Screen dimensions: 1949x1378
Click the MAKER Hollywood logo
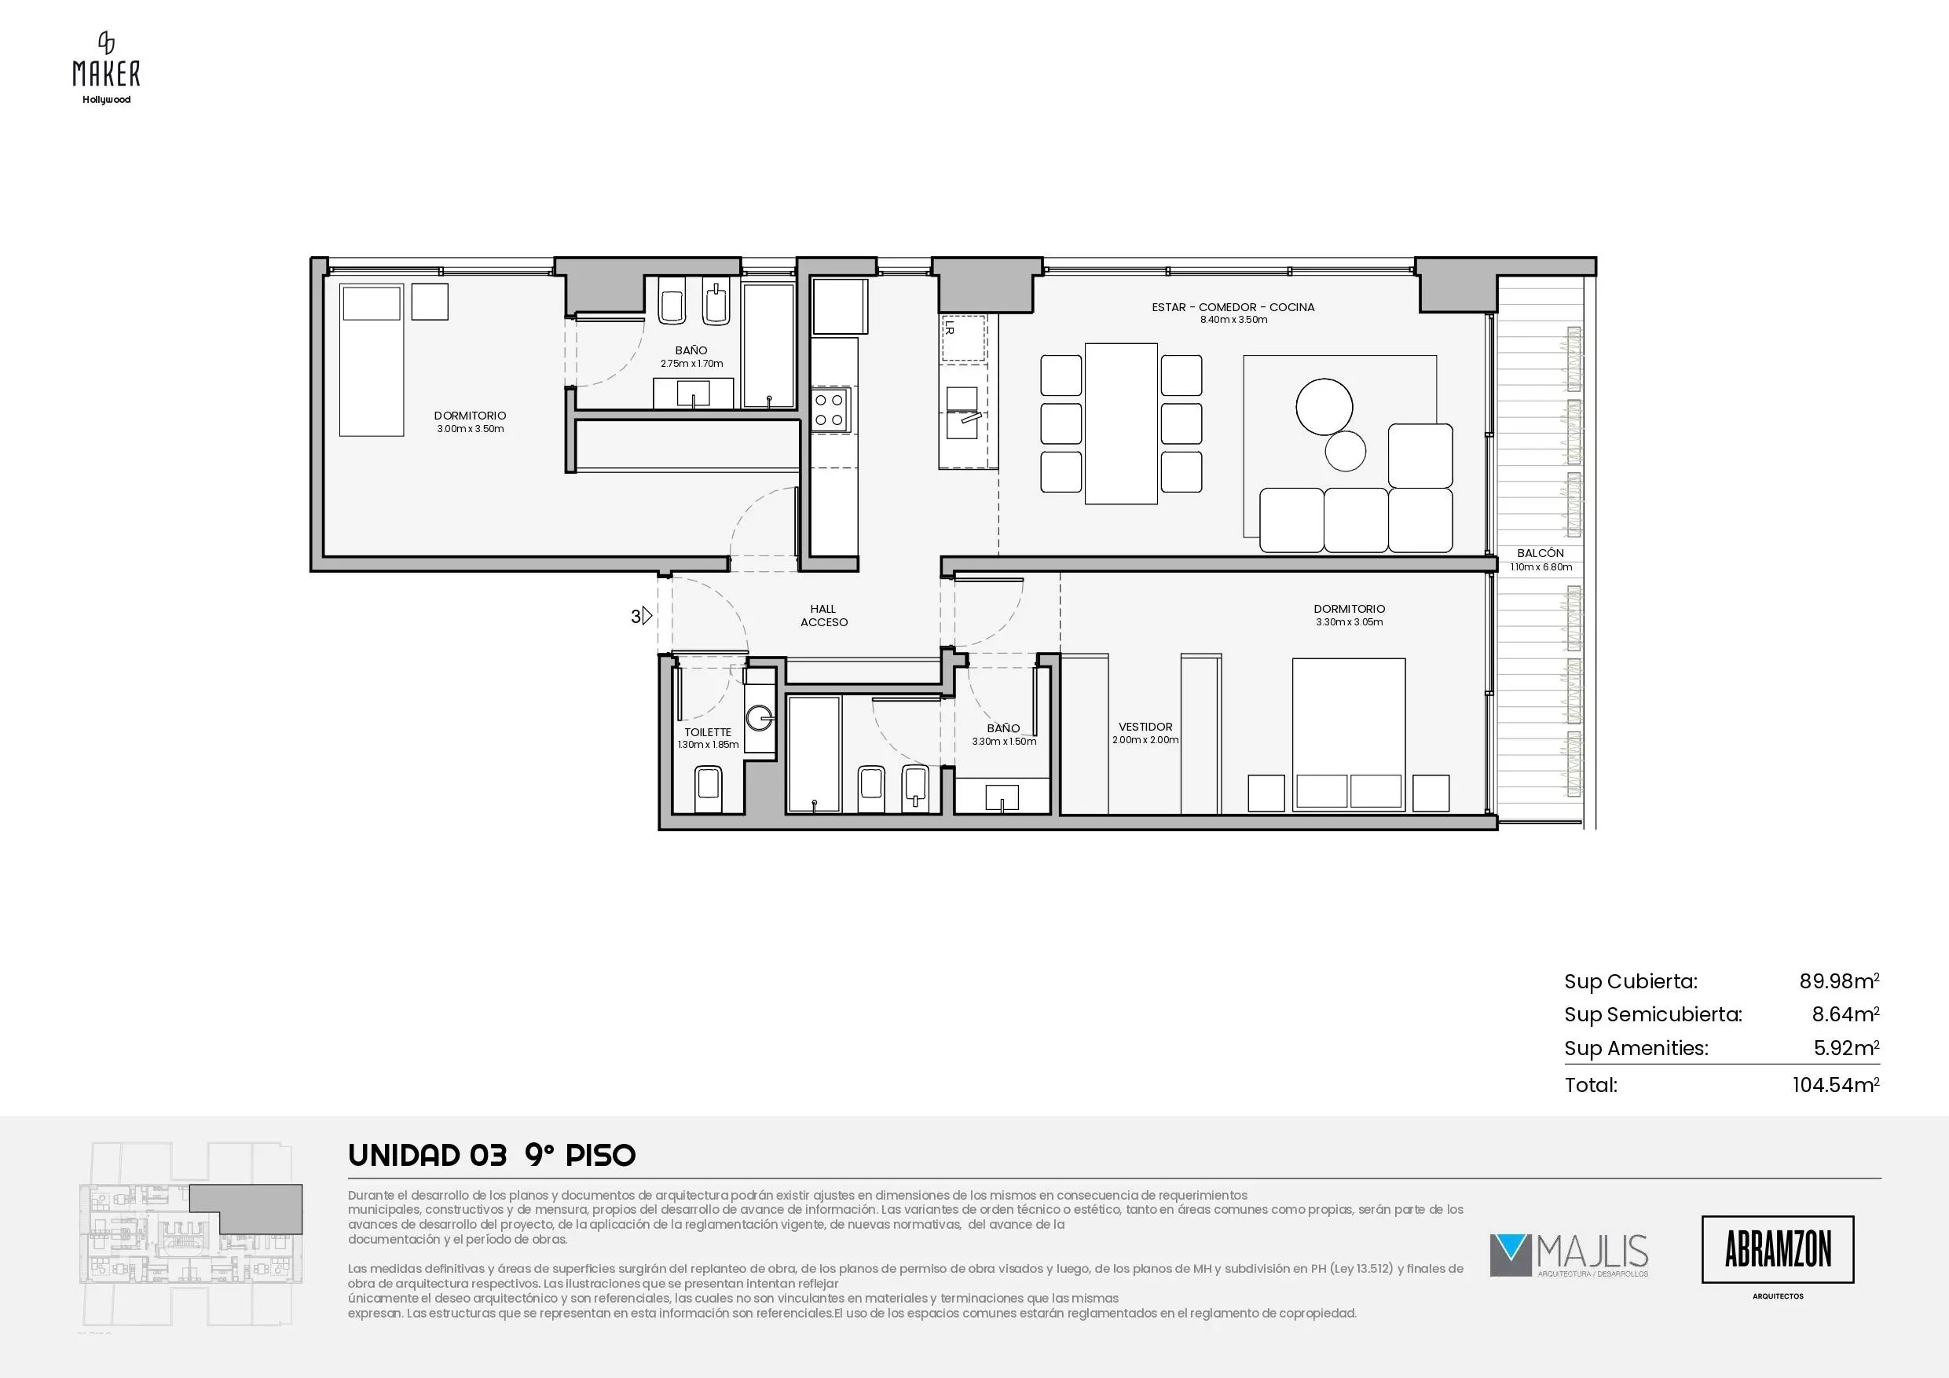[106, 68]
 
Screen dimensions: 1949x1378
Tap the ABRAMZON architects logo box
[1778, 1249]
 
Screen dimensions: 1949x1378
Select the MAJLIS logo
[1569, 1255]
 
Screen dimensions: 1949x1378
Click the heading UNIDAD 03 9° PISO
[492, 1155]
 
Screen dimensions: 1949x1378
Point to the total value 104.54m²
[1836, 1085]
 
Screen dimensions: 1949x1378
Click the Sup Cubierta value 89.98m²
[1840, 981]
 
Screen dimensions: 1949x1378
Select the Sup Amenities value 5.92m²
[1846, 1048]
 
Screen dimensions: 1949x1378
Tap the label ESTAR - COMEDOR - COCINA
[1233, 307]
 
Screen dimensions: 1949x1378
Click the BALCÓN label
[1541, 553]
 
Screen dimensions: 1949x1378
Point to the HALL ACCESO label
[823, 616]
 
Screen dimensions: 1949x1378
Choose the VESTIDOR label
[1145, 727]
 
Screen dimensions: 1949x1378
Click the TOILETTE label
[708, 732]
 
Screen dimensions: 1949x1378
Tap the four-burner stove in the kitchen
[830, 409]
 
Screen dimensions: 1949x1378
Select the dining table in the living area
[1121, 423]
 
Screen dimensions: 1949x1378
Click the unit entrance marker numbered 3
[642, 617]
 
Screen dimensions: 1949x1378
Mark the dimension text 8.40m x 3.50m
[1233, 320]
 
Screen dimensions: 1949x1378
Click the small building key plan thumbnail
[190, 1238]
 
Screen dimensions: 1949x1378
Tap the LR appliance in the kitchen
[962, 338]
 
